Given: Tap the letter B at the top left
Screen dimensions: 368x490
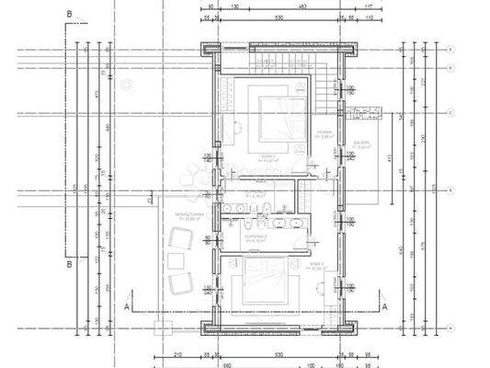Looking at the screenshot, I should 69,14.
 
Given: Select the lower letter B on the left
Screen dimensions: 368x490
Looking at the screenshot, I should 69,266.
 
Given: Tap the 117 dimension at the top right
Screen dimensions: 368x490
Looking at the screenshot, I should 368,6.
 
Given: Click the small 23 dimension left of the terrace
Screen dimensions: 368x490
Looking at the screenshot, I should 149,197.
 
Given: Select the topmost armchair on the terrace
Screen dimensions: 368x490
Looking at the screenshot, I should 184,236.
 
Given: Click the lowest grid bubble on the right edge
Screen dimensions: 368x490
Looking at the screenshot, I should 451,328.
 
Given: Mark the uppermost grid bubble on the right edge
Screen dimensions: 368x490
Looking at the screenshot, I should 451,51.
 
